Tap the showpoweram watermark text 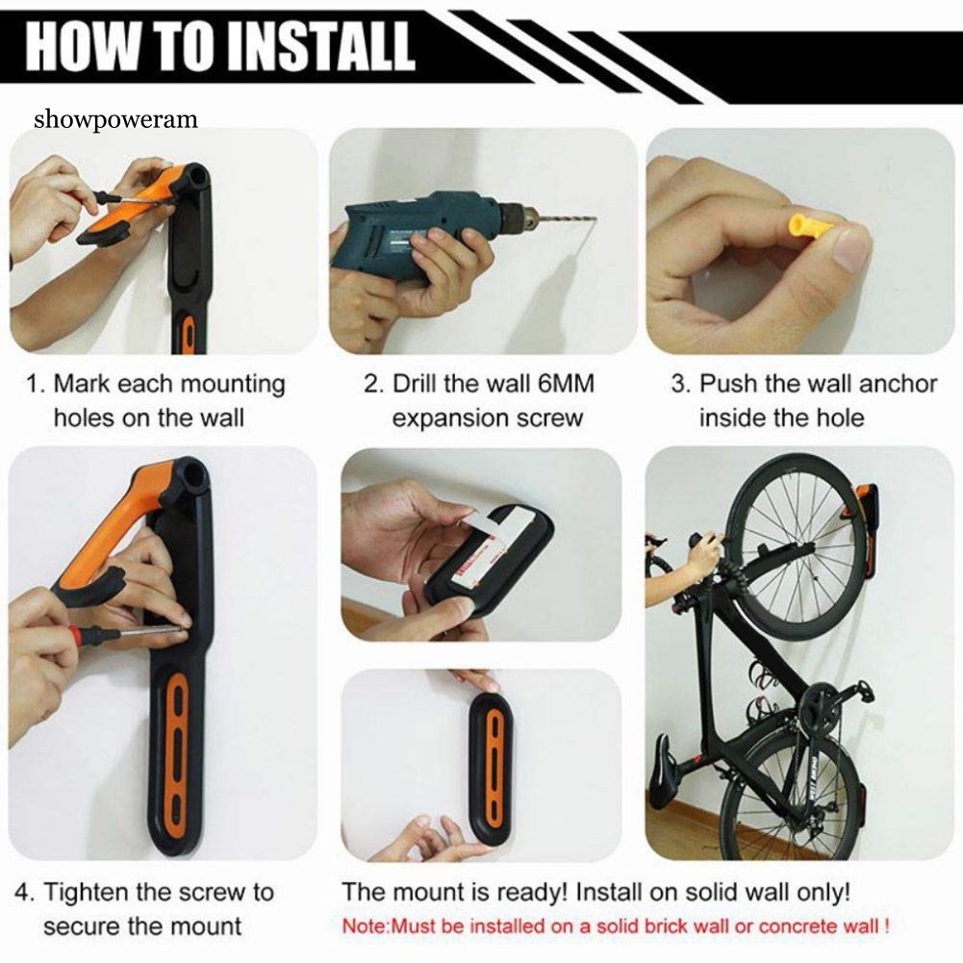pos(116,119)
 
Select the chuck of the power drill pos(519,217)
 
